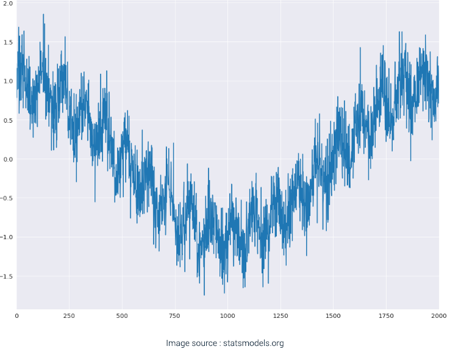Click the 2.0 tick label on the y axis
pos(7,3)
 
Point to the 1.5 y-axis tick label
pos(7,42)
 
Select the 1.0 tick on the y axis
pos(7,81)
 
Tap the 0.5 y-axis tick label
pos(7,120)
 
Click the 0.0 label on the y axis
pos(7,159)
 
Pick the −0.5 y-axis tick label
pos(6,198)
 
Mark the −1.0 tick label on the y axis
pos(6,237)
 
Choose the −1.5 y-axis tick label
pos(6,276)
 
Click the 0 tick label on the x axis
pos(17,316)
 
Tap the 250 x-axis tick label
pos(70,316)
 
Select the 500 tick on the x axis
pos(122,316)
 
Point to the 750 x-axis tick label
pos(175,316)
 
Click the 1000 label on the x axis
pos(227,316)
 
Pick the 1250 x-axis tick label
pos(280,316)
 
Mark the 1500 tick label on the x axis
pos(333,316)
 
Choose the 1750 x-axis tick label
pos(386,316)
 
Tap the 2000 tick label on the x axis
pos(438,316)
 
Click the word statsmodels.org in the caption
pos(253,344)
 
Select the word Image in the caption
pos(178,344)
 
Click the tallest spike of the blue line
pos(43,15)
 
